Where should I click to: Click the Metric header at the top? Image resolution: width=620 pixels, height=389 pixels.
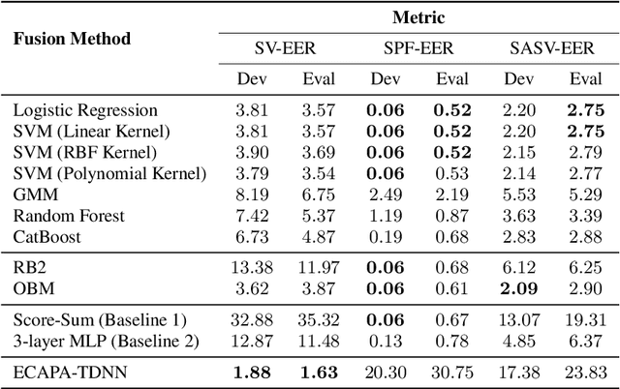coord(418,16)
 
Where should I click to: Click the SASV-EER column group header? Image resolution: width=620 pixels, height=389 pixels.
coord(550,48)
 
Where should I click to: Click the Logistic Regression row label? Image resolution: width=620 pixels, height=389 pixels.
coord(86,111)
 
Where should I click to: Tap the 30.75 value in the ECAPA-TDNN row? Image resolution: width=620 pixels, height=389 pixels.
coord(450,372)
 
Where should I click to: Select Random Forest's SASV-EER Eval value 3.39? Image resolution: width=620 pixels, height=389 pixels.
coord(587,216)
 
